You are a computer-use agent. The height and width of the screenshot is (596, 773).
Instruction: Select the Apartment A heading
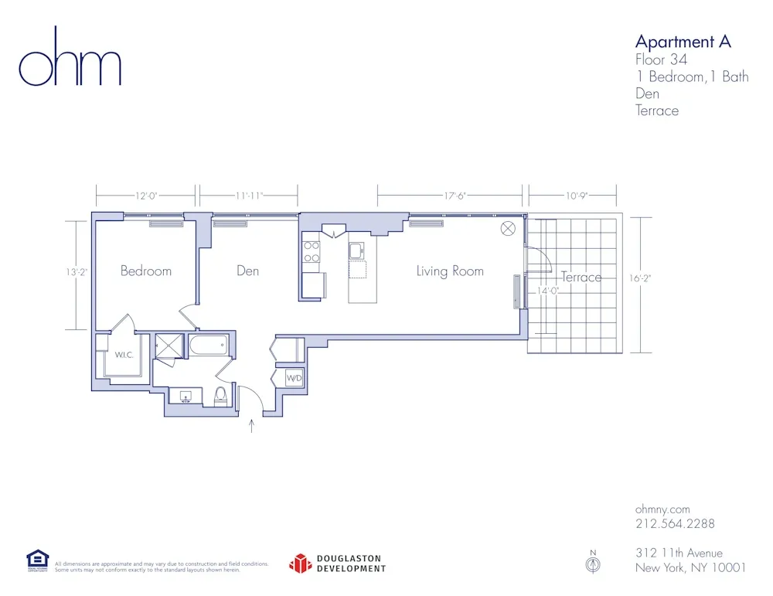tap(683, 42)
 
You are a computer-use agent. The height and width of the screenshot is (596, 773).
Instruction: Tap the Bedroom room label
tap(146, 271)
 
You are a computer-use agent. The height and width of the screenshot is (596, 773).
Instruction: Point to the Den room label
tap(247, 271)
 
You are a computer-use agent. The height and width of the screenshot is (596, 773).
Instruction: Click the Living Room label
tap(450, 271)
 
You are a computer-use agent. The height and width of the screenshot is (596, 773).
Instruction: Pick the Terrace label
tap(581, 278)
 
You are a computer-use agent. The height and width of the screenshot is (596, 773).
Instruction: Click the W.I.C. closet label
tap(127, 356)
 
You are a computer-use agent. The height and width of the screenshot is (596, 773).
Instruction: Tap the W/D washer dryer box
tap(295, 379)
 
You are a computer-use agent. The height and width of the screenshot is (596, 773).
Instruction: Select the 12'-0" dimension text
tap(146, 196)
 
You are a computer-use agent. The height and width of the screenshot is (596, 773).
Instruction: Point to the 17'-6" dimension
tap(455, 196)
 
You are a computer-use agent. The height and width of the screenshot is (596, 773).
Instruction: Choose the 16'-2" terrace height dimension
tap(641, 278)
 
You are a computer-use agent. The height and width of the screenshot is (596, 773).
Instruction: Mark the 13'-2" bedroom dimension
tap(76, 272)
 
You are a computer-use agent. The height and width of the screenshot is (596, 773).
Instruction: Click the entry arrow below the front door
tap(251, 425)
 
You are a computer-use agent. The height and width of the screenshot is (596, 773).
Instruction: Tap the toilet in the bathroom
tap(220, 397)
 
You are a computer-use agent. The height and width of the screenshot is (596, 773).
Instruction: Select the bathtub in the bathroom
tap(209, 346)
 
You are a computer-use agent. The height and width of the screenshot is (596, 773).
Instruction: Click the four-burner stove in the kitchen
tap(312, 251)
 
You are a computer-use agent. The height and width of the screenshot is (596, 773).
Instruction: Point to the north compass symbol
tap(594, 564)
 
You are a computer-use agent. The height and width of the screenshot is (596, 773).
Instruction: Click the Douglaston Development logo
tap(337, 564)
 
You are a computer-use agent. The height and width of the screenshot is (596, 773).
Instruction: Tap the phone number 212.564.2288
tap(675, 523)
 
